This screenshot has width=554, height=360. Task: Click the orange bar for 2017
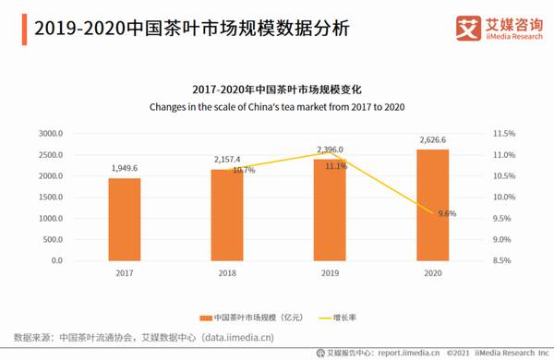point(124,220)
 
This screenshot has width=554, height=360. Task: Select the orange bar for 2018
point(226,215)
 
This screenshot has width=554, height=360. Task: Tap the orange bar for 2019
point(330,210)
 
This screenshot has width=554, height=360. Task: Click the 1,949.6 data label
point(125,168)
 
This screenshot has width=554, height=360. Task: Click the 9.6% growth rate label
point(447,213)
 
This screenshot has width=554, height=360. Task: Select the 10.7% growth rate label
point(243,171)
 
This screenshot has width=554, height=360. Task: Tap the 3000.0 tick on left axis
point(50,134)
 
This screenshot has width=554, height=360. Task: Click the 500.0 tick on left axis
point(53,240)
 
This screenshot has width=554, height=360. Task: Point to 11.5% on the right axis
point(503,134)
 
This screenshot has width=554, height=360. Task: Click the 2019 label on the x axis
point(330,274)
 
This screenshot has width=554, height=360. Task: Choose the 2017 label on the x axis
point(124,274)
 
